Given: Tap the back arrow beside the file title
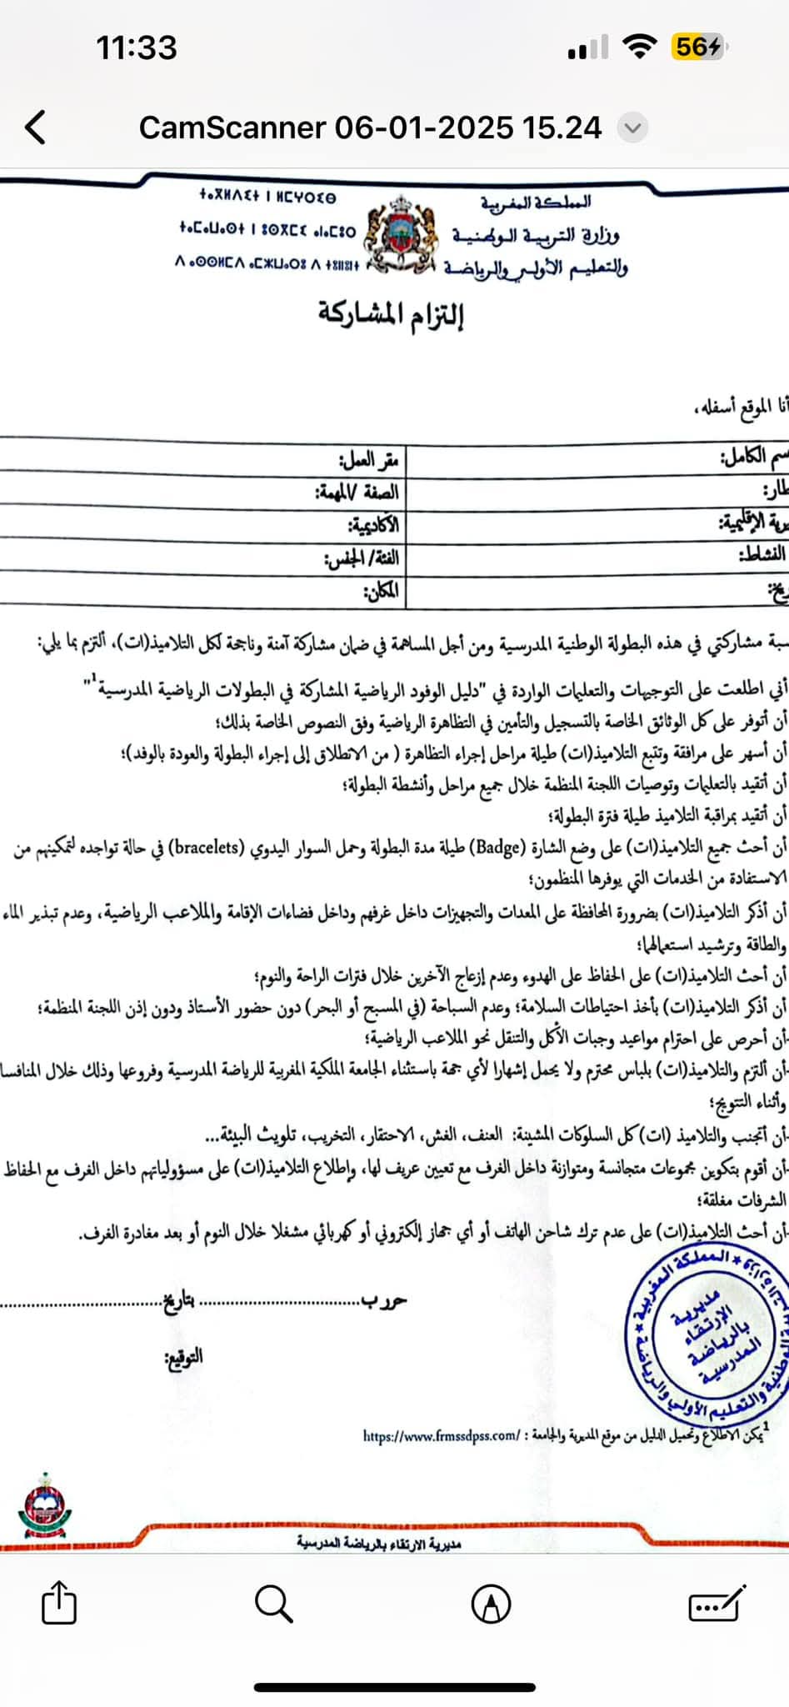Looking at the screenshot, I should (35, 128).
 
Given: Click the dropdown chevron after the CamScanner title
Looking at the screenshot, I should (632, 128).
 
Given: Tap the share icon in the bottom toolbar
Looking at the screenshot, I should (58, 1602).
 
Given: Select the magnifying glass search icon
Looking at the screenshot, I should (274, 1603).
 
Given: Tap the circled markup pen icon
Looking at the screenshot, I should (492, 1603).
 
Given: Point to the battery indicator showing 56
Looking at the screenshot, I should (698, 48).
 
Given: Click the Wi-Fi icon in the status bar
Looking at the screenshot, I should (639, 48).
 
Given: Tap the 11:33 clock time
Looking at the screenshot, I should (137, 48).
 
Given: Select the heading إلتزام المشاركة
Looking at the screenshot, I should (390, 315).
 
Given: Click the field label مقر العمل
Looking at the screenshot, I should (369, 459).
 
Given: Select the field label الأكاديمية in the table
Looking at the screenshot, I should (372, 525).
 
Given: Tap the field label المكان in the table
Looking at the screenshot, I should (380, 592).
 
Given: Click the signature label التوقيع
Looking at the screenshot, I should (183, 1357).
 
